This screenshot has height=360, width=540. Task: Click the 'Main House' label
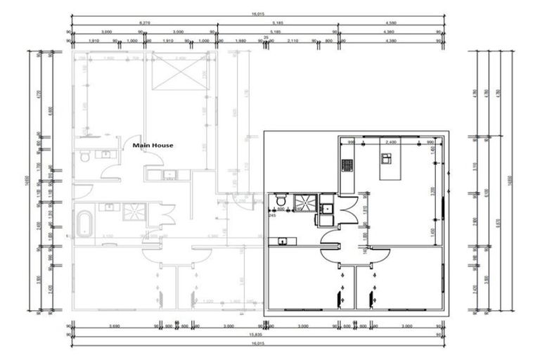coord(153,146)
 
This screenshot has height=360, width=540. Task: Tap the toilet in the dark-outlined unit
coord(279,197)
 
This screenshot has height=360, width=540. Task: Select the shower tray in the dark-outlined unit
coord(305,202)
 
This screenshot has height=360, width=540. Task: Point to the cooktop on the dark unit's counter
coord(347,165)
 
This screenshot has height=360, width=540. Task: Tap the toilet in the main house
coord(84,157)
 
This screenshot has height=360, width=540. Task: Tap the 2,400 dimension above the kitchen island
coord(392,141)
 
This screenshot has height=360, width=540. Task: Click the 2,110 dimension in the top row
coord(293,41)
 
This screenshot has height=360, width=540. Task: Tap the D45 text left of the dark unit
coord(271,216)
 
